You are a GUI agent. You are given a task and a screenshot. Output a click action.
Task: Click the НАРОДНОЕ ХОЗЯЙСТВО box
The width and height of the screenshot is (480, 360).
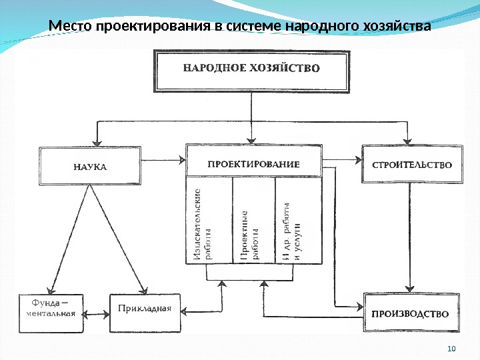tap(252, 69)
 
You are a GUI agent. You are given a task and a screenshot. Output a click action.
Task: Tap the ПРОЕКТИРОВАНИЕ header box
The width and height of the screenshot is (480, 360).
tap(253, 163)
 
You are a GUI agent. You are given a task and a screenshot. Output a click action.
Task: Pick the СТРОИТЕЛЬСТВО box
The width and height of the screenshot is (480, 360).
tap(411, 163)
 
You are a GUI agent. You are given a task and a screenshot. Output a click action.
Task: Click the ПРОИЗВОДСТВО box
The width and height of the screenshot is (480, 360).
tap(411, 313)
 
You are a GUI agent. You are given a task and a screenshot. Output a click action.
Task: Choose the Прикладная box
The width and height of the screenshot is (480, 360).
tap(145, 309)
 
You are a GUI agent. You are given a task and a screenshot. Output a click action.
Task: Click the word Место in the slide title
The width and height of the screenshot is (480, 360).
tap(71, 27)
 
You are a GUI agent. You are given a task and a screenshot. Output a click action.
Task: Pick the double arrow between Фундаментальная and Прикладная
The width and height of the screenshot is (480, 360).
tap(97, 312)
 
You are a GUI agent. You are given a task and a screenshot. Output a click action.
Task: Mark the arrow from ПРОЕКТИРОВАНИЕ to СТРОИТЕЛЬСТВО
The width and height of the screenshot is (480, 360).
tap(341, 160)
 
